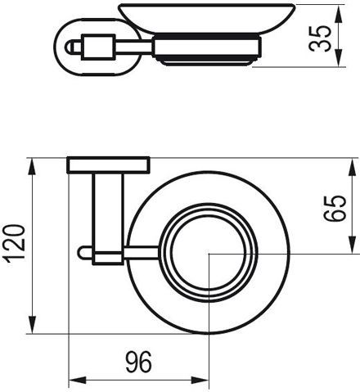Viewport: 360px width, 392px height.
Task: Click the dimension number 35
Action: [x=320, y=38]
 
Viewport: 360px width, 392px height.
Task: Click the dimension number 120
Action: [x=16, y=244]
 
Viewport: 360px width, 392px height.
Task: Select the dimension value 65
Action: [x=335, y=208]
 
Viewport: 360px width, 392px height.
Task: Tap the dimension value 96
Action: [x=138, y=362]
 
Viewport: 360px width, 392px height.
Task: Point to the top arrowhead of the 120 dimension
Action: [x=32, y=168]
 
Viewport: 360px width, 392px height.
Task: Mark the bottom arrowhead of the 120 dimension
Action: [x=32, y=324]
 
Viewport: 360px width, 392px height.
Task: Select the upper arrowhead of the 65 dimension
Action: [x=353, y=168]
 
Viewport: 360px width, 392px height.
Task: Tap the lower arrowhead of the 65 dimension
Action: [x=353, y=244]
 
